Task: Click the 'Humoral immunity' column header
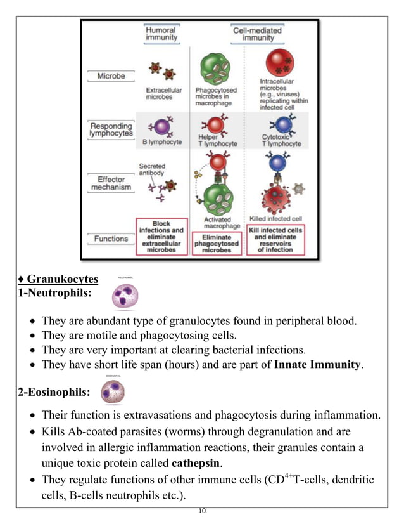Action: coord(161,34)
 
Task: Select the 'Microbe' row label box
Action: coord(111,76)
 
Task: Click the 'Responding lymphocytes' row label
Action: coord(111,130)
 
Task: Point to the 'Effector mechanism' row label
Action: coord(111,183)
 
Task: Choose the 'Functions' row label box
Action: coord(111,239)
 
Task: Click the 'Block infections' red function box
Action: coord(161,236)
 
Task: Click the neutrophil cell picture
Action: coord(124,296)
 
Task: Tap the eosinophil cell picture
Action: coord(114,391)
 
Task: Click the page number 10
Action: coord(202,511)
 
